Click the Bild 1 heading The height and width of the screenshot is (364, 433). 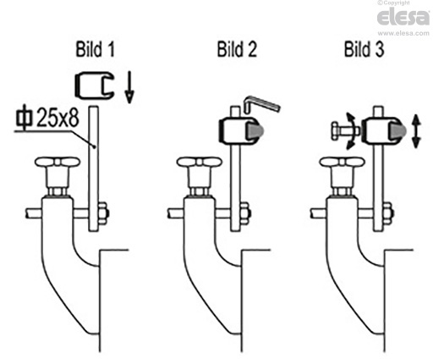click(x=96, y=49)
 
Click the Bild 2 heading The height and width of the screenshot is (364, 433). click(x=237, y=49)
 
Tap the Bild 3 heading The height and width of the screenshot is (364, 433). click(x=364, y=49)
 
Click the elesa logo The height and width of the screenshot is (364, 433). click(x=403, y=18)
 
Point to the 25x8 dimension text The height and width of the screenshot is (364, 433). click(x=58, y=117)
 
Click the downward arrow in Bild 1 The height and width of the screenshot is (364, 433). click(x=129, y=87)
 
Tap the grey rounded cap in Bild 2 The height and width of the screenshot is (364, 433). click(x=256, y=130)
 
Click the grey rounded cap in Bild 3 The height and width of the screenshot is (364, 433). click(x=397, y=131)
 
